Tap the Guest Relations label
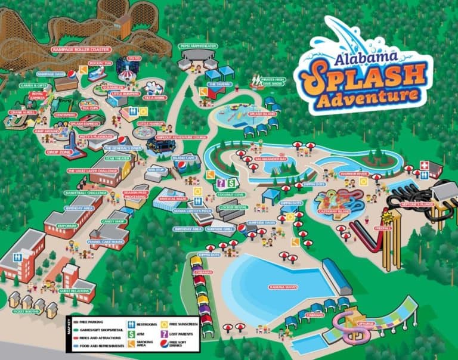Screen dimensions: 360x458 tap(68, 290)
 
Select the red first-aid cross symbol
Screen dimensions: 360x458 tap(424, 165)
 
